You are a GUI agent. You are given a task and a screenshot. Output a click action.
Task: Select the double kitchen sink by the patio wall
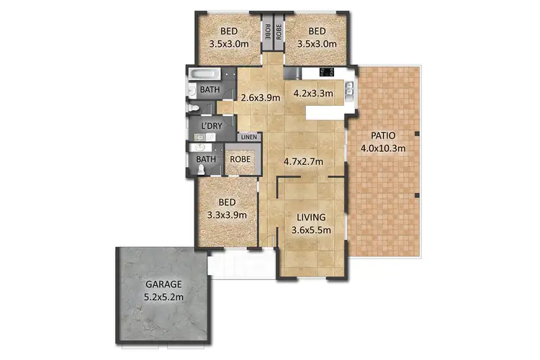(349, 89)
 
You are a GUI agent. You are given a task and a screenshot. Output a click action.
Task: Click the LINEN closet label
(248, 137)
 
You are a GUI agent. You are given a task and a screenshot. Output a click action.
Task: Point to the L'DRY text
(211, 126)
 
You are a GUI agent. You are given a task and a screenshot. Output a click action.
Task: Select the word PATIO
(382, 136)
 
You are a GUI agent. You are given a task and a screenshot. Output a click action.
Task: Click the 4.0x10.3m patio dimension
(383, 148)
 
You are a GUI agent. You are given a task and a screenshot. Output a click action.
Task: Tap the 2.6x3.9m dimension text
(261, 98)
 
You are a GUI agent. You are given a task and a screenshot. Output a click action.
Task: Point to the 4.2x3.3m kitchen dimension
(313, 93)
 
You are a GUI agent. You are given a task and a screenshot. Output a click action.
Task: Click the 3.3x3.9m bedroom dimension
(228, 215)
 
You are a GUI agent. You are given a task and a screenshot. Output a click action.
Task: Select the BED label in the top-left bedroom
(229, 31)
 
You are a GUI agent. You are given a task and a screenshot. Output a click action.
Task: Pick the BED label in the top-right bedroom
(317, 31)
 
